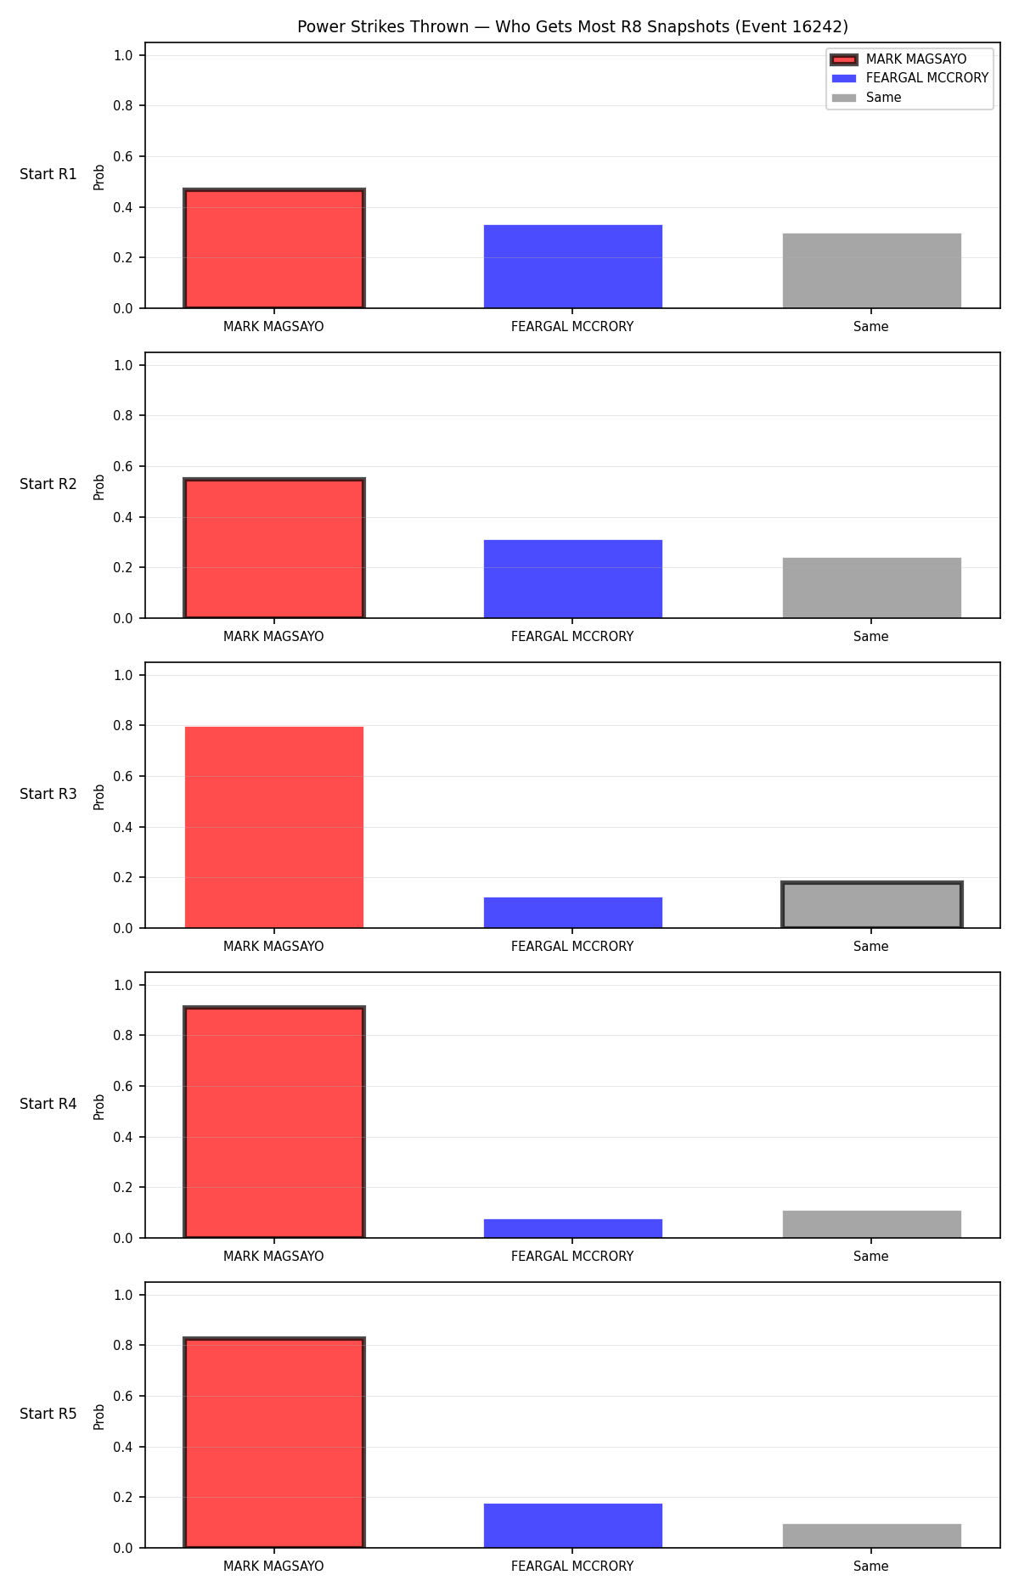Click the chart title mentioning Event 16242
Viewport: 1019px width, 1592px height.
[572, 27]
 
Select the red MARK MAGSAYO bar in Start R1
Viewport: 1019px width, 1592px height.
[274, 249]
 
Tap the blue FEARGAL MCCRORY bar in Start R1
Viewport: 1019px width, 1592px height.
[573, 267]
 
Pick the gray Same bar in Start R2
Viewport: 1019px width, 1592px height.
[872, 588]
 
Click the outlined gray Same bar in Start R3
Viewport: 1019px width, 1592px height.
[872, 905]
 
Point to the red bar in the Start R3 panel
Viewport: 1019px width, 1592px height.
[274, 827]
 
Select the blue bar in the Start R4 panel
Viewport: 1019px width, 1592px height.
[573, 1229]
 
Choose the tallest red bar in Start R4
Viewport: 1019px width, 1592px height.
[274, 1122]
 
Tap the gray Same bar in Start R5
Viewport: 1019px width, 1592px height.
[872, 1536]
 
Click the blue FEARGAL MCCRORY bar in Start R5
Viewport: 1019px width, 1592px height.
[573, 1526]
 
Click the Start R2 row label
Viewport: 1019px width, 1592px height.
[48, 484]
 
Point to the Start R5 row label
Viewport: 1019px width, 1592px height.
[48, 1414]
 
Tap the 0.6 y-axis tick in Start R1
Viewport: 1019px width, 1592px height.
[123, 157]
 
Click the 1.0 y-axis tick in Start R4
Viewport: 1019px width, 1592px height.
[123, 985]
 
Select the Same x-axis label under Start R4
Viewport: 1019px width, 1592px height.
[871, 1257]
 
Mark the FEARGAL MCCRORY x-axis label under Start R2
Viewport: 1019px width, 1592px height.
[572, 637]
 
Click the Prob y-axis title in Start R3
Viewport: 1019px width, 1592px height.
[99, 796]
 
